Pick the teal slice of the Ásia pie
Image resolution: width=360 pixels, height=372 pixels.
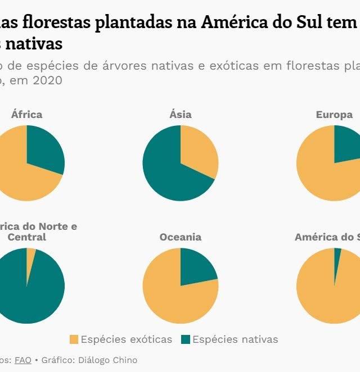click(x=166, y=169)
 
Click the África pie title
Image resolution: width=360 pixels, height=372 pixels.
click(x=26, y=115)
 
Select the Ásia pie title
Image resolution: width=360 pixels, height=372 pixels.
click(x=181, y=115)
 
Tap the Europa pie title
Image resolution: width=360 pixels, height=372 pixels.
click(x=334, y=115)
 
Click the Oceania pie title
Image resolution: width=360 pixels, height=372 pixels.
click(x=181, y=237)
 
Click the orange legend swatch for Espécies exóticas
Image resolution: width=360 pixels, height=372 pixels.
click(x=74, y=339)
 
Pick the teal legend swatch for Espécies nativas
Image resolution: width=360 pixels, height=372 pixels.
click(x=186, y=339)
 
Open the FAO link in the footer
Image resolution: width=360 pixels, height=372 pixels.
click(x=22, y=360)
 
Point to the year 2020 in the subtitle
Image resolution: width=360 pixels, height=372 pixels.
click(x=47, y=80)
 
